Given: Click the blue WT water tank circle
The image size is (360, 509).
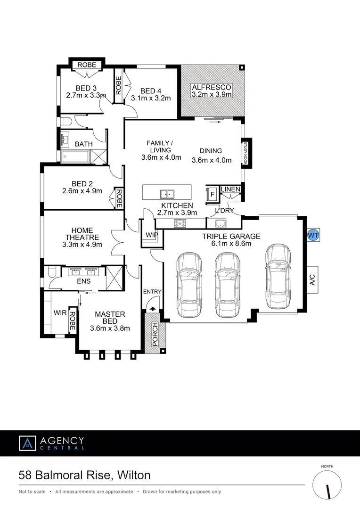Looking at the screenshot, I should pyautogui.click(x=313, y=235).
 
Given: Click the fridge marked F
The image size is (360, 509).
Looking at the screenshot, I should pyautogui.click(x=212, y=193).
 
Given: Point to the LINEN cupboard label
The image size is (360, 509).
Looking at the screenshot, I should pyautogui.click(x=230, y=189).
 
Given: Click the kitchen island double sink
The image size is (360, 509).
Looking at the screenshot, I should pyautogui.click(x=166, y=194).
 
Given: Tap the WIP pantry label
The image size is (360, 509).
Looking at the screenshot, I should pyautogui.click(x=152, y=234).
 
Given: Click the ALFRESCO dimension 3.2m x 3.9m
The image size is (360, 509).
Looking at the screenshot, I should pyautogui.click(x=212, y=94).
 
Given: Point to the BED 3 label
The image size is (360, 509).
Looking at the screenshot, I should pyautogui.click(x=86, y=88).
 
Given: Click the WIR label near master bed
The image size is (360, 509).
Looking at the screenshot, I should pyautogui.click(x=60, y=312).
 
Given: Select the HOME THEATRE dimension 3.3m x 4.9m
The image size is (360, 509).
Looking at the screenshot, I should pyautogui.click(x=81, y=245).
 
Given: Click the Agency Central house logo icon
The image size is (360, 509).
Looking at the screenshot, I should pyautogui.click(x=27, y=443).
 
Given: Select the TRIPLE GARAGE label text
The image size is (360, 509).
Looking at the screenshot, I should pyautogui.click(x=231, y=236).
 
